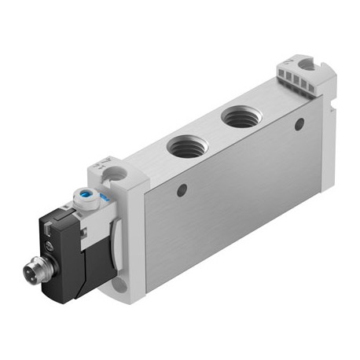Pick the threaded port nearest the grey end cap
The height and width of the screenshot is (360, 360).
[238, 118]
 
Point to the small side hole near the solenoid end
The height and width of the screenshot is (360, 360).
[182, 189]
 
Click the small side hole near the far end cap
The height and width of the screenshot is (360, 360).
[299, 123]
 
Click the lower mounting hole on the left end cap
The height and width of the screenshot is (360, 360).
[119, 283]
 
